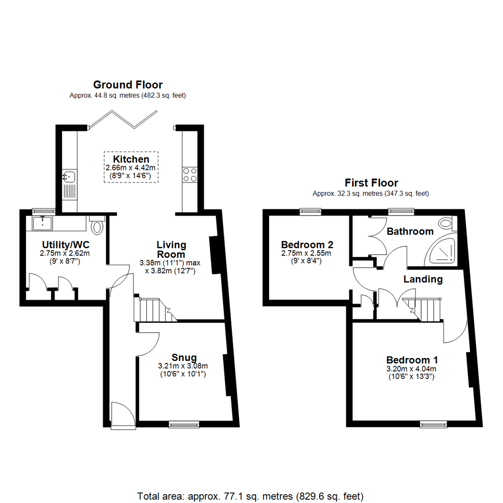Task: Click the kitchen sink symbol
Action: click(69, 177)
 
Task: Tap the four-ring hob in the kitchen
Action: click(190, 175)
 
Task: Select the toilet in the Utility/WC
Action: click(97, 226)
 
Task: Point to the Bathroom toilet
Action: click(446, 224)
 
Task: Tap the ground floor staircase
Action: click(151, 309)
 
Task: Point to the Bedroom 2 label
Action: click(307, 245)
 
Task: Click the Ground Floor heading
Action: click(128, 85)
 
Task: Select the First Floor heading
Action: click(371, 183)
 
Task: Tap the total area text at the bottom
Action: click(251, 496)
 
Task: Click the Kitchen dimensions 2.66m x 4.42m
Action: click(131, 168)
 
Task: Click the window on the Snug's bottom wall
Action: click(184, 424)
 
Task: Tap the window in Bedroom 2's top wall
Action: click(307, 211)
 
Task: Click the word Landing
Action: click(422, 279)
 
